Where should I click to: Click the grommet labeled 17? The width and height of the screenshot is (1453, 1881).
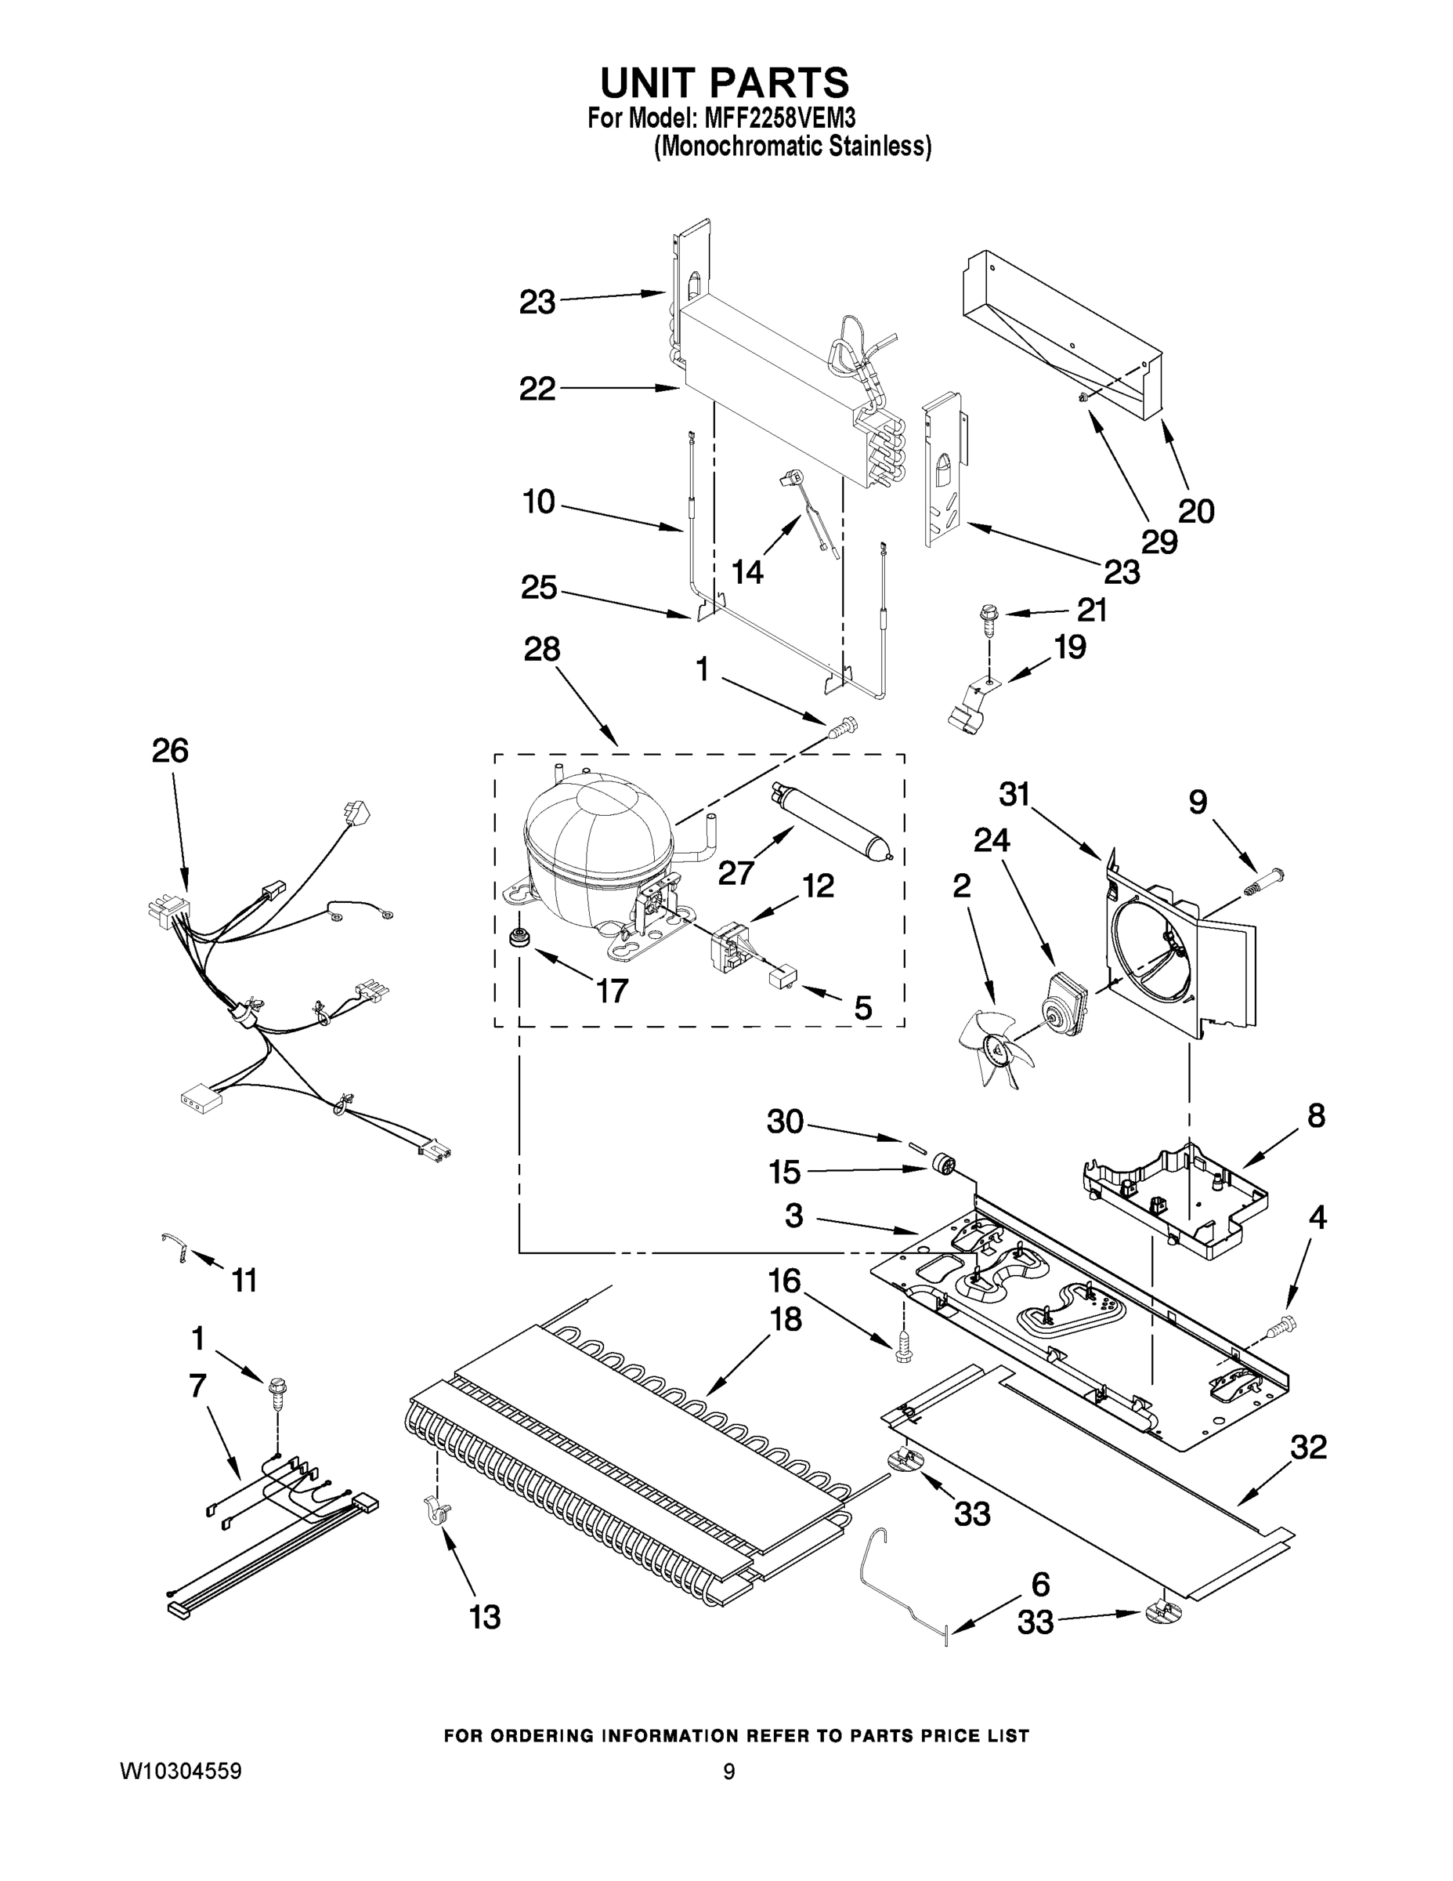coord(519,937)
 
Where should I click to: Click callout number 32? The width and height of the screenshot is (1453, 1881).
coord(1307,1448)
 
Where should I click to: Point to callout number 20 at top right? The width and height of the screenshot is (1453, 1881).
coord(1195,511)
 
